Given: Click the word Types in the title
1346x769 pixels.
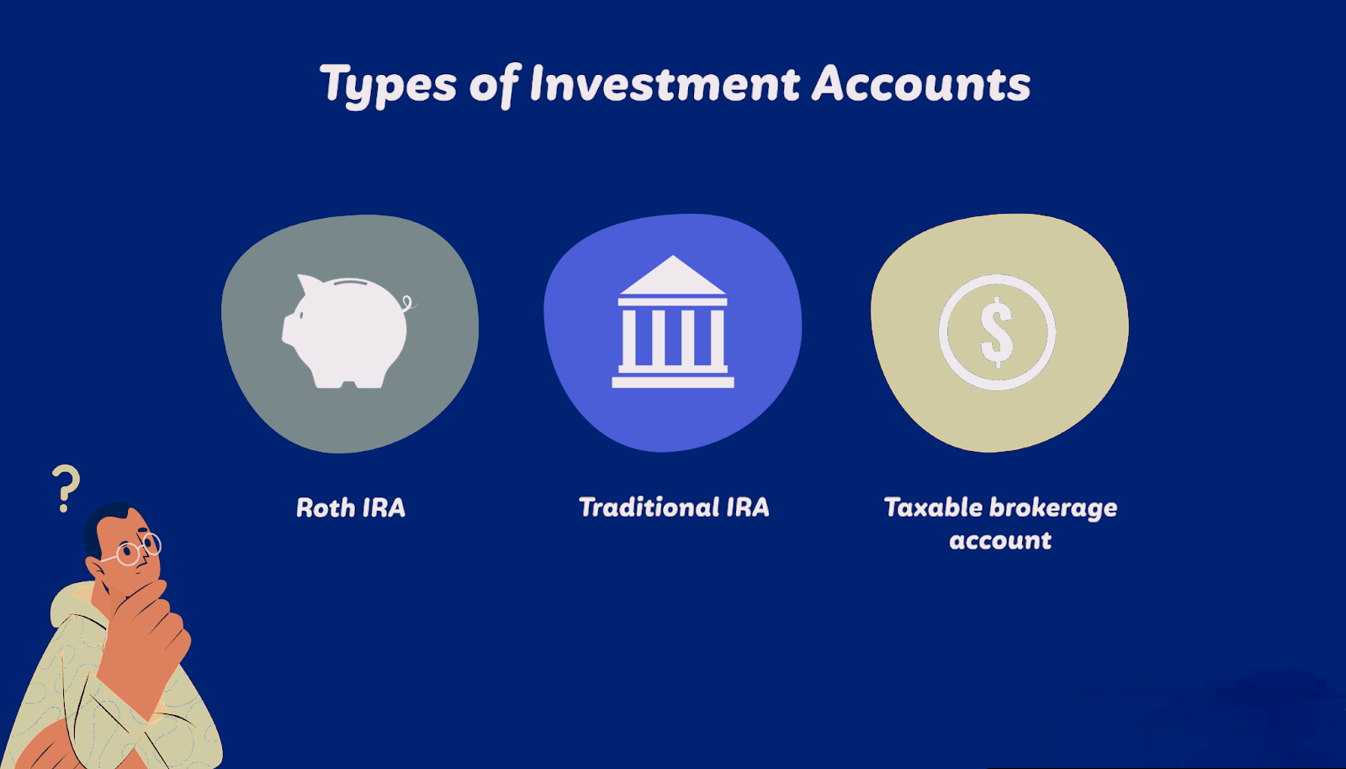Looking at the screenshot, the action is [389, 85].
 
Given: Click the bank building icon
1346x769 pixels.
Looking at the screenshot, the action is [673, 321].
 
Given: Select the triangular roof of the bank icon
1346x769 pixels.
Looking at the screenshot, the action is [673, 275].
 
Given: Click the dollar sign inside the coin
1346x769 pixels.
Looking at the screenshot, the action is [997, 331].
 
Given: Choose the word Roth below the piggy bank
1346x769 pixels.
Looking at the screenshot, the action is [326, 507].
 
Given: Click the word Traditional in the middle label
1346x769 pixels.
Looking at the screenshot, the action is [649, 507].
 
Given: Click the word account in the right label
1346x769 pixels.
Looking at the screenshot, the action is [1000, 540].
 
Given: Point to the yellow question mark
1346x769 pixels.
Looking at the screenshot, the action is [66, 489].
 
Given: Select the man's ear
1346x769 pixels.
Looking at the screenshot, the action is [95, 568].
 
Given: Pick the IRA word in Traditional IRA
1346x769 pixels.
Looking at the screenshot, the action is [748, 507].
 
